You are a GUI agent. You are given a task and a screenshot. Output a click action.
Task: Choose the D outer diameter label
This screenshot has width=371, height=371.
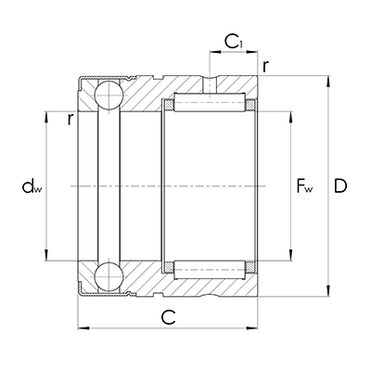coord(340,186)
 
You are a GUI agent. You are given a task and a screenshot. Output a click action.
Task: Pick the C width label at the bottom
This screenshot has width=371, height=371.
coord(169,317)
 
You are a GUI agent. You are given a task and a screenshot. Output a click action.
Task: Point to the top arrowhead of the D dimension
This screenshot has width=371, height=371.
coord(327,79)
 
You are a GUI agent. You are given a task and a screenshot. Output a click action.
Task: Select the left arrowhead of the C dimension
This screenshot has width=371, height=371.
coord(81,328)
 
